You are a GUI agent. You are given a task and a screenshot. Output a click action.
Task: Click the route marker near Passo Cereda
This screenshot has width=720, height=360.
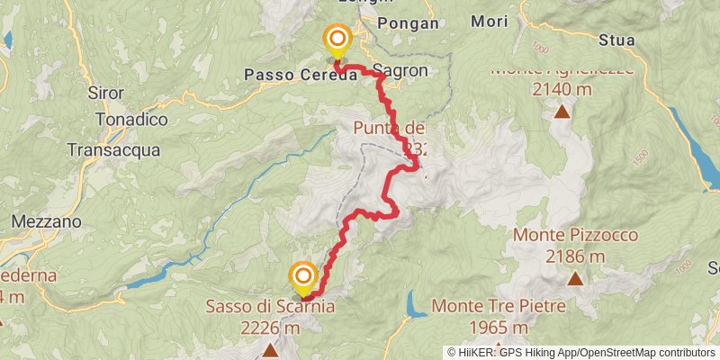(x=337, y=38)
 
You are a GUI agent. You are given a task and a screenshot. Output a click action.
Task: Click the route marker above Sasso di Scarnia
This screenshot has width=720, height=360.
(x=303, y=275)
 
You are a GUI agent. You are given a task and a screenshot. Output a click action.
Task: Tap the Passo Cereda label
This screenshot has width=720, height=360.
(x=301, y=76)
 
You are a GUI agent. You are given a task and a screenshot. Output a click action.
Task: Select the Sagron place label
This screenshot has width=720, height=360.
(x=400, y=71)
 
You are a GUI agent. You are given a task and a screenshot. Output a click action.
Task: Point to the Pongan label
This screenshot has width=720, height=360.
(x=409, y=23)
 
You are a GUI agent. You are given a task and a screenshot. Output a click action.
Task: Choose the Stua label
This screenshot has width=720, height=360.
(x=617, y=40)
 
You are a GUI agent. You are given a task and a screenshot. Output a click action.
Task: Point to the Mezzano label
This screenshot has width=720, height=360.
(x=48, y=221)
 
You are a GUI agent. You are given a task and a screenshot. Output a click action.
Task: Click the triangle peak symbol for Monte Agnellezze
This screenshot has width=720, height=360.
(x=563, y=112)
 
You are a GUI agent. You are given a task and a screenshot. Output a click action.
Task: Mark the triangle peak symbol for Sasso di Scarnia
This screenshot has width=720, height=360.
(x=269, y=351)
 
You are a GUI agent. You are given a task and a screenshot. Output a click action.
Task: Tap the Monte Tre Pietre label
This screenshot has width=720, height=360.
(x=499, y=307)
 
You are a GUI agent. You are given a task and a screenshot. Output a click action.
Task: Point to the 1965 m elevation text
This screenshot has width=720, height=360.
(x=499, y=328)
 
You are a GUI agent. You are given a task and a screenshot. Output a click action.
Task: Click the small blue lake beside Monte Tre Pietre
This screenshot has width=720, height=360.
(x=415, y=304)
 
